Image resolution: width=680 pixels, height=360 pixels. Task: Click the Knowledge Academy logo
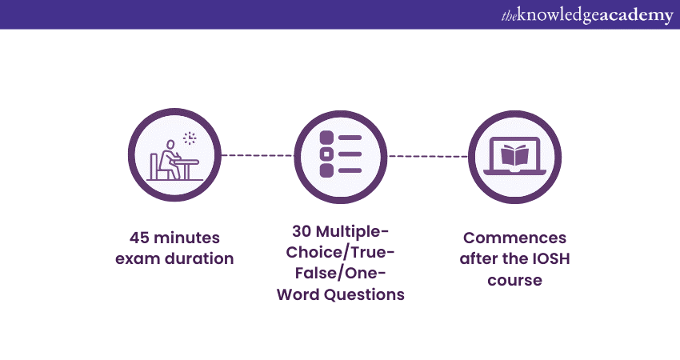(587, 16)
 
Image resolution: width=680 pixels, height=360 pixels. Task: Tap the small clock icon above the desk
(190, 138)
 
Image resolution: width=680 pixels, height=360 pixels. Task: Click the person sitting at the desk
(169, 159)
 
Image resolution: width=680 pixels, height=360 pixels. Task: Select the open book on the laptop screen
(514, 155)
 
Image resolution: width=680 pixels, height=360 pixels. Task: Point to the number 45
(139, 238)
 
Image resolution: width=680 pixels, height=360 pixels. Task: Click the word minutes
(187, 238)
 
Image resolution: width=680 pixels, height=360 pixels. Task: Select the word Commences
(514, 238)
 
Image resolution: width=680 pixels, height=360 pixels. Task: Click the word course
(514, 280)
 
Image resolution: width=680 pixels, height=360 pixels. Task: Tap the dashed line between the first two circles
(258, 155)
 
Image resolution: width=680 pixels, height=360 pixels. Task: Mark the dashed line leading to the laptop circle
(428, 156)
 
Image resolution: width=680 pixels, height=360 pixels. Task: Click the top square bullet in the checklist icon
(326, 138)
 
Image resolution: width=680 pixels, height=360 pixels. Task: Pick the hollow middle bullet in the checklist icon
(326, 154)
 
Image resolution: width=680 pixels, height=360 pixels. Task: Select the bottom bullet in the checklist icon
(326, 170)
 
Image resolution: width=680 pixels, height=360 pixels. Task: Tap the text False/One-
(341, 274)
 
